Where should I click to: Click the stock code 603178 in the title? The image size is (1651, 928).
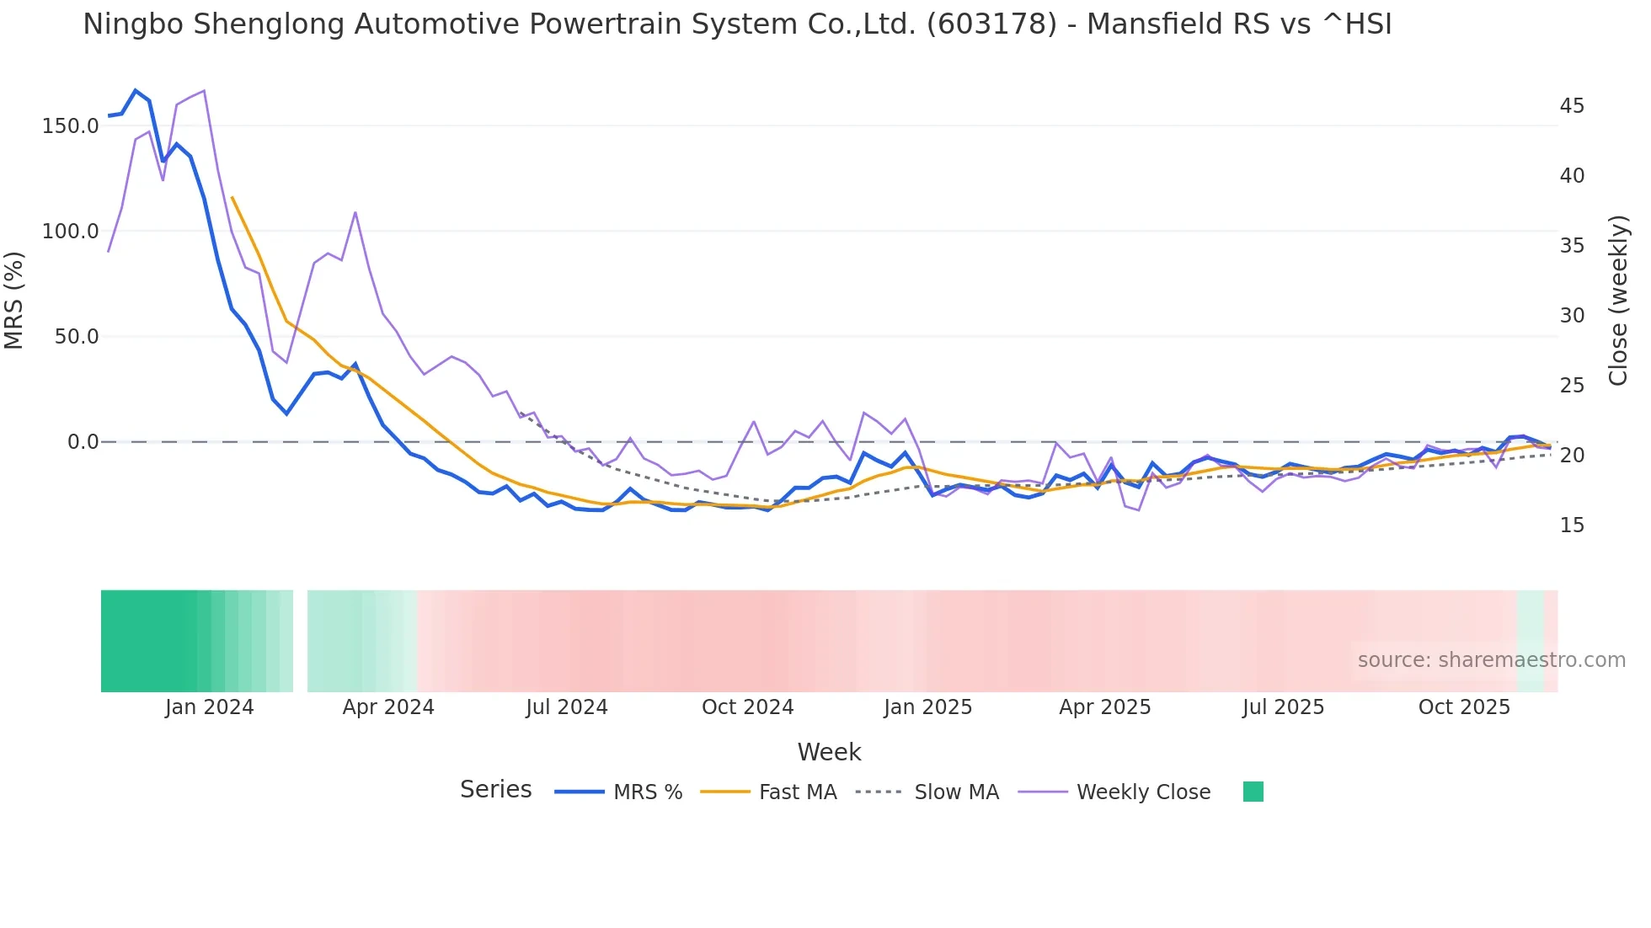(x=991, y=24)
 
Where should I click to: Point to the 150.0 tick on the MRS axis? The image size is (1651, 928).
(x=70, y=126)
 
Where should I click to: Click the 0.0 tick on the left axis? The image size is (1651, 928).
(x=83, y=442)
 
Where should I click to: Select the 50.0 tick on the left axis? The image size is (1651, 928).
(x=76, y=337)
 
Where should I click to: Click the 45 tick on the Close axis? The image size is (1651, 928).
(x=1572, y=106)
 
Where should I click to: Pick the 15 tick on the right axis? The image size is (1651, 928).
(x=1572, y=525)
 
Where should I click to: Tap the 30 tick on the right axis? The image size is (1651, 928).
(x=1572, y=316)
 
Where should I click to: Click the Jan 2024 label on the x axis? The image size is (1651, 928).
(x=209, y=707)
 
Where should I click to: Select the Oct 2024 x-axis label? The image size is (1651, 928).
(x=747, y=707)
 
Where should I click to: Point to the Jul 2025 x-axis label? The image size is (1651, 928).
(x=1283, y=707)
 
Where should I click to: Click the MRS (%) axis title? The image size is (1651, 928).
(x=14, y=301)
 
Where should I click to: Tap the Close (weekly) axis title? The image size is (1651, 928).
(x=1618, y=301)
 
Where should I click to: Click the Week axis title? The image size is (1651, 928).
(x=829, y=752)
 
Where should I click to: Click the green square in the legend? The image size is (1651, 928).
(x=1253, y=792)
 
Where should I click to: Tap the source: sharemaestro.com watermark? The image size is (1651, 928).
(x=1491, y=660)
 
